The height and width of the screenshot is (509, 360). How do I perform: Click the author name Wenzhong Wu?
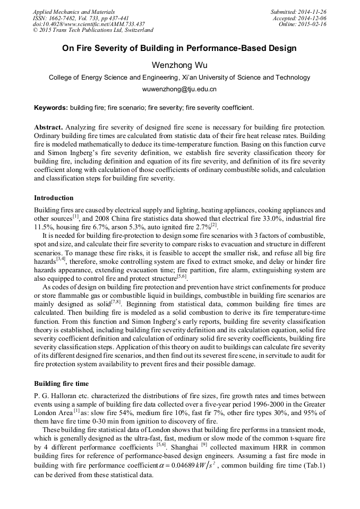(179, 65)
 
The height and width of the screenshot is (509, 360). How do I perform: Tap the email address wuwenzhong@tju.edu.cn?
(179, 89)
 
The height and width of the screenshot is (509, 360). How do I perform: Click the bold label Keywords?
(51, 108)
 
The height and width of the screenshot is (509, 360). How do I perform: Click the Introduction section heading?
(54, 198)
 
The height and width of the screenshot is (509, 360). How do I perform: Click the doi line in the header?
(89, 24)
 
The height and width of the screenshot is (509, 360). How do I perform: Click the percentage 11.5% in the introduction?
(42, 227)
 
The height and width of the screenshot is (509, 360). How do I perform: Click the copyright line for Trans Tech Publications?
(93, 30)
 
